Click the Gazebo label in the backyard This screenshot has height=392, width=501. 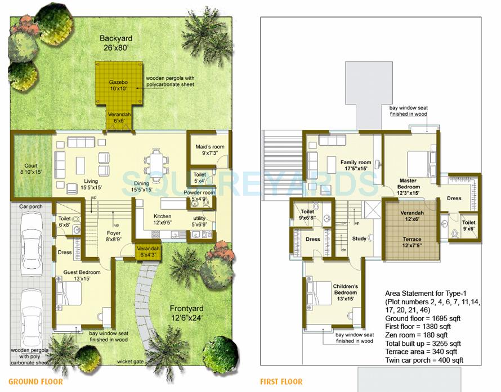(x=118, y=85)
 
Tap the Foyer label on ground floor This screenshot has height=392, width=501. (x=114, y=235)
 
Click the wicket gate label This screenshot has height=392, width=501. (x=130, y=362)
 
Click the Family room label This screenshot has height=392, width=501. (x=356, y=166)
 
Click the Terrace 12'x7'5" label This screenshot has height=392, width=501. (x=412, y=243)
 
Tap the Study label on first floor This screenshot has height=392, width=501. (x=359, y=238)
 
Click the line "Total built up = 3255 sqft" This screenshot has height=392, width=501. (x=423, y=344)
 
